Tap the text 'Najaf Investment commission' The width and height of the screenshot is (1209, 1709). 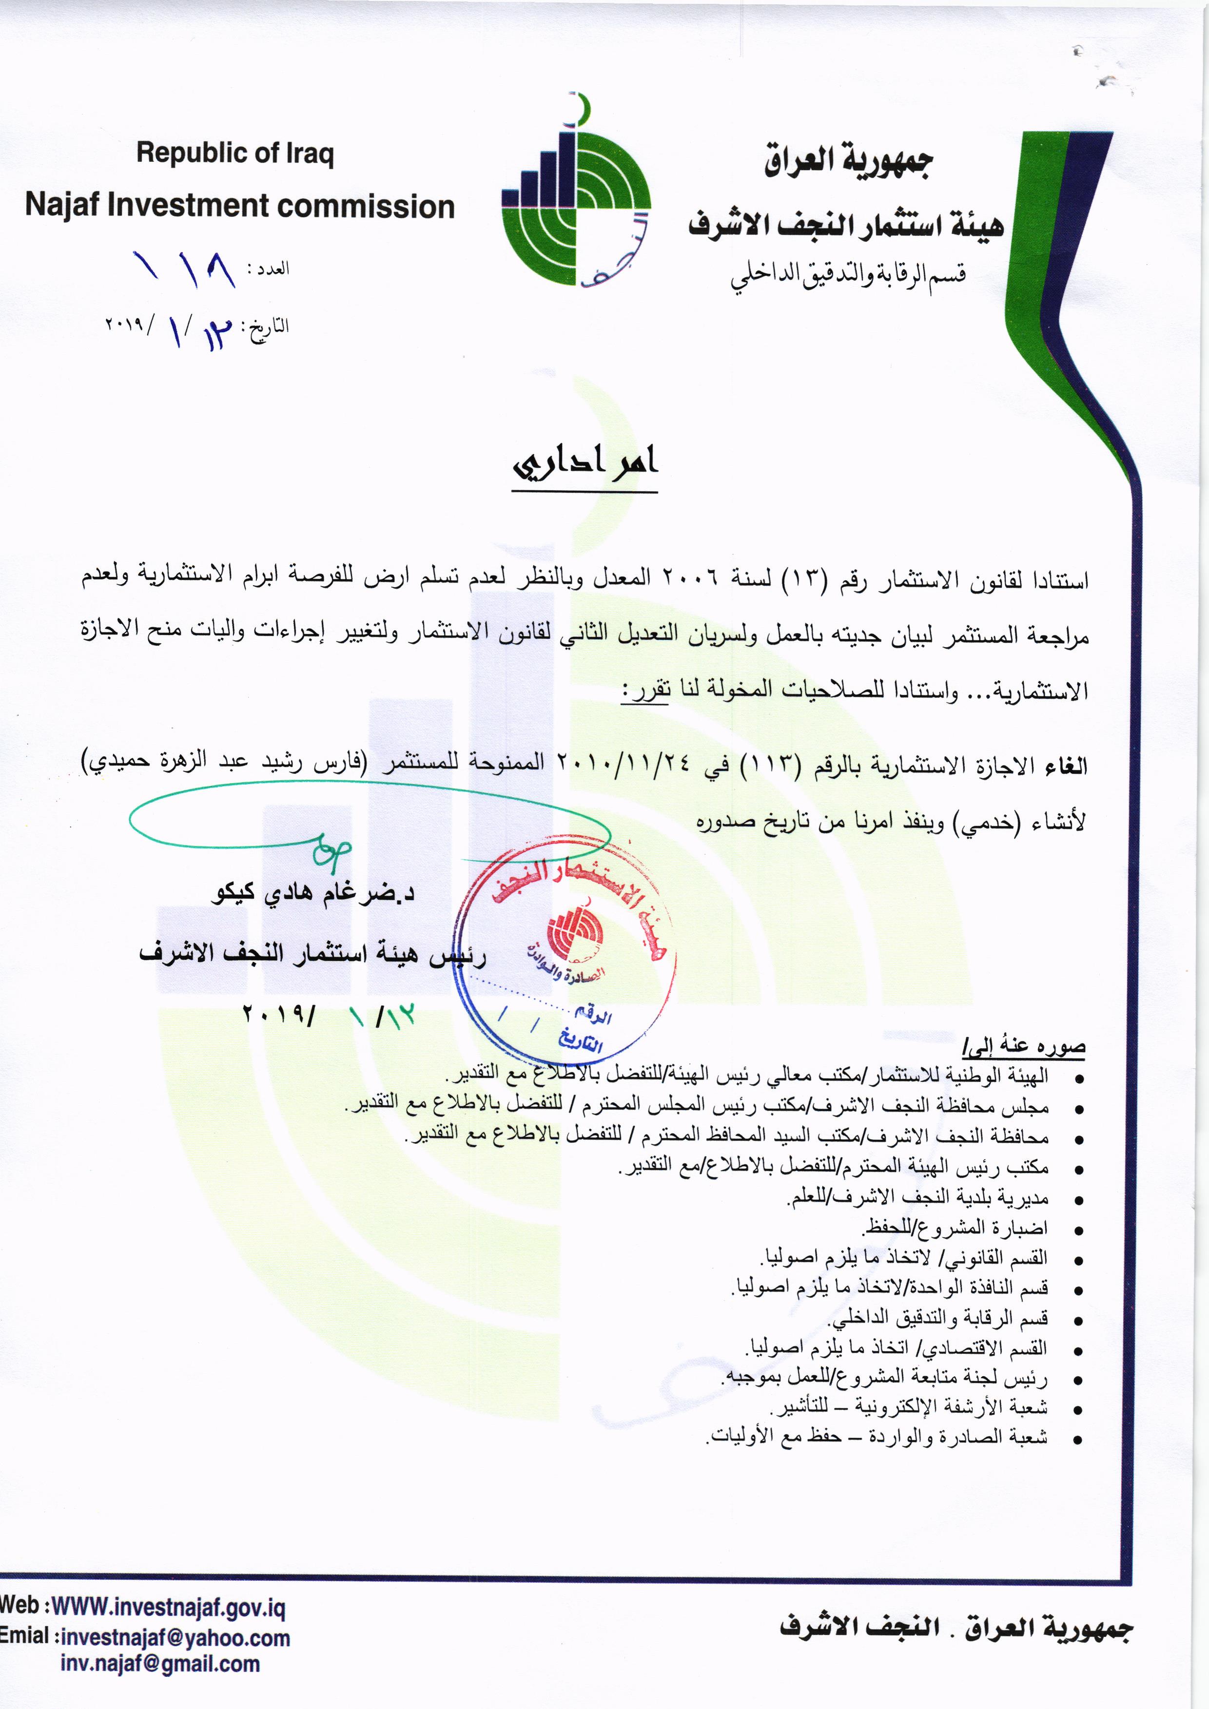240,206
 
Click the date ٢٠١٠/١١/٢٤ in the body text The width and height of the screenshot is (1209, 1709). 624,765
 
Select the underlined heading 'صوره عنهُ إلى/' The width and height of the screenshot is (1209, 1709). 1024,1047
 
